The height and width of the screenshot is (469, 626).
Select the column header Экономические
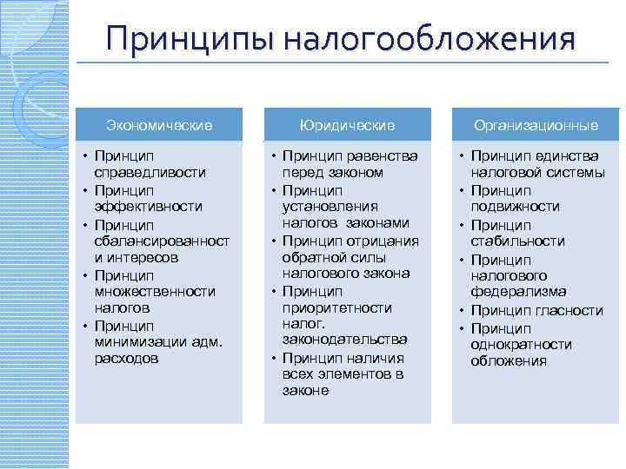tap(159, 126)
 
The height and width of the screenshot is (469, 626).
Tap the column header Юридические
tap(347, 126)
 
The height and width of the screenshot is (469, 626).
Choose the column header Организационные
tap(536, 126)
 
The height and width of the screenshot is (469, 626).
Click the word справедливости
tap(144, 173)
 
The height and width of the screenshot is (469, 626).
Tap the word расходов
tap(126, 358)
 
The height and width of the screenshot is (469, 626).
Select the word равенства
tap(382, 156)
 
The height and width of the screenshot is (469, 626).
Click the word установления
tap(330, 207)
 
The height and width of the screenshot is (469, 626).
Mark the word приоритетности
tap(337, 307)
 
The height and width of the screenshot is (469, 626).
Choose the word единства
tap(569, 156)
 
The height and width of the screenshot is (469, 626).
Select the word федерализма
tap(518, 291)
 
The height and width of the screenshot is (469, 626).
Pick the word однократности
tap(522, 344)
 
